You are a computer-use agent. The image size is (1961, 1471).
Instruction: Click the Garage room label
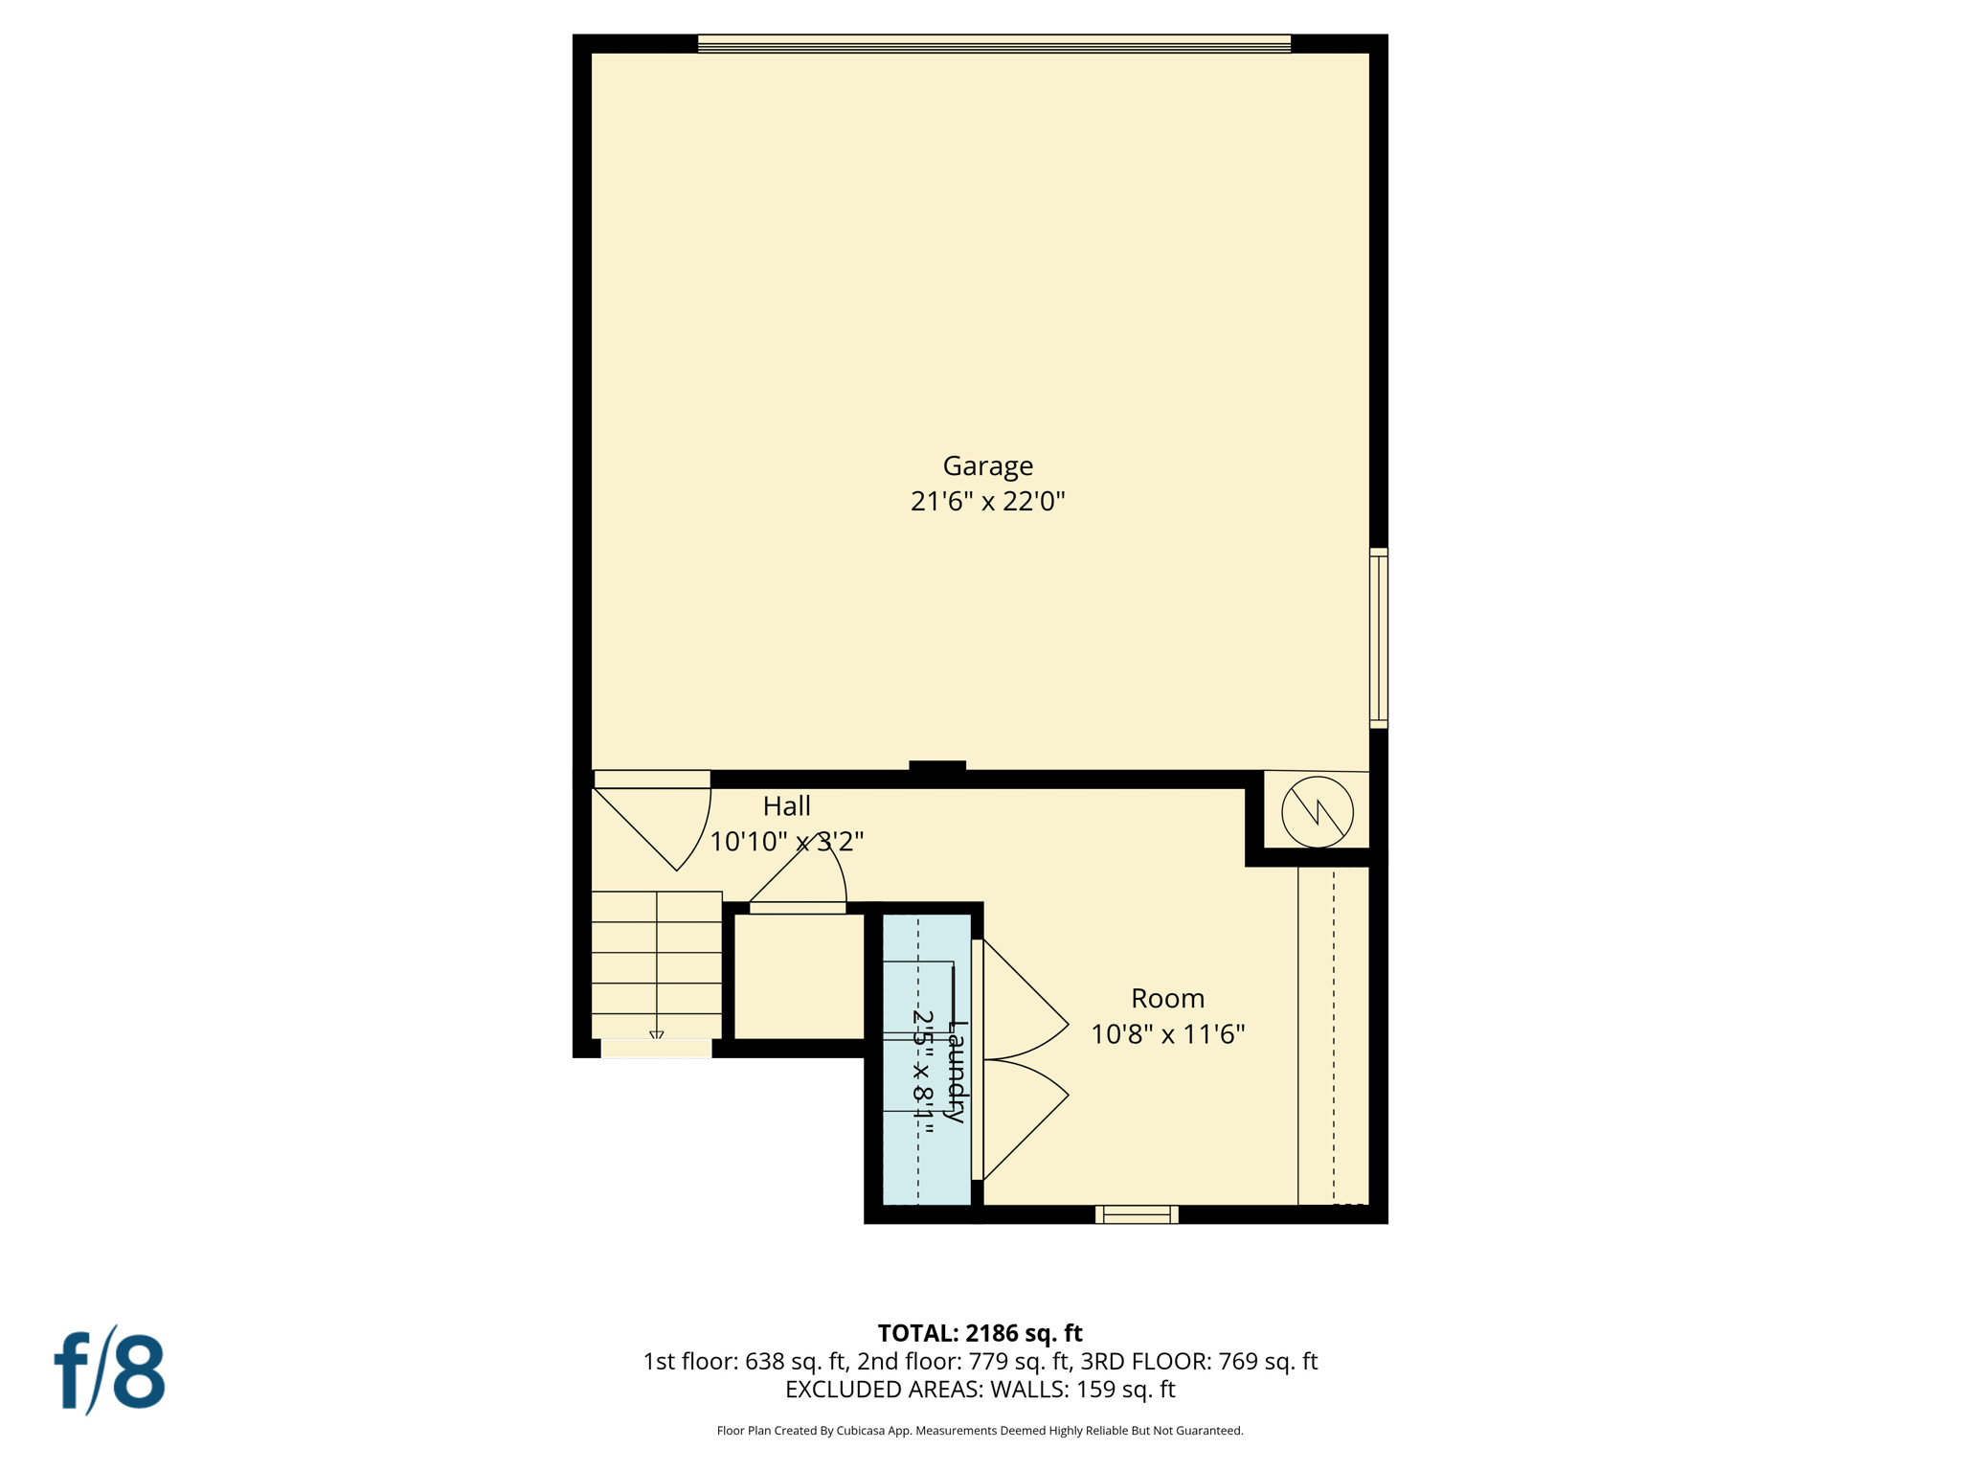[x=987, y=465]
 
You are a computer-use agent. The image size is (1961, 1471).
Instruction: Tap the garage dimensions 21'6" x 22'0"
[x=987, y=501]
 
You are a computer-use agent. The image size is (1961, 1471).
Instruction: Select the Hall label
[x=786, y=805]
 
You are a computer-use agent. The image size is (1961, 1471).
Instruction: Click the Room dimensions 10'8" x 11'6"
[x=1167, y=1034]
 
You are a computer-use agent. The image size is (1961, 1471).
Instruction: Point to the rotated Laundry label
[x=957, y=1071]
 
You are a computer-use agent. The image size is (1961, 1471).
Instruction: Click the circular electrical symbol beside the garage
[x=1317, y=812]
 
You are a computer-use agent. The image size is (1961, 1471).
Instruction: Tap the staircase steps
[x=656, y=965]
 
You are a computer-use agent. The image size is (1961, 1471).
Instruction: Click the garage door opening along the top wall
[x=994, y=43]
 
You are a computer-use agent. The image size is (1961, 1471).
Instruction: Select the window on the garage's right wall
[x=1378, y=638]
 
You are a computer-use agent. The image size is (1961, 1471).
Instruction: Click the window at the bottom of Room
[x=1137, y=1214]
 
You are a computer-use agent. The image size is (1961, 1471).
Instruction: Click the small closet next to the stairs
[x=799, y=977]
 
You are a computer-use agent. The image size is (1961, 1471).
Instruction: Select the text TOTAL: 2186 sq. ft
[x=980, y=1333]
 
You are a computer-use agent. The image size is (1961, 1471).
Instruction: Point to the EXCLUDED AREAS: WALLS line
[x=980, y=1389]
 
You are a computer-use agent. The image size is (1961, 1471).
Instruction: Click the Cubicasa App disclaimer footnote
[x=980, y=1431]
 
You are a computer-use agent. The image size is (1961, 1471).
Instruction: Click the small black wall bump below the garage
[x=936, y=766]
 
